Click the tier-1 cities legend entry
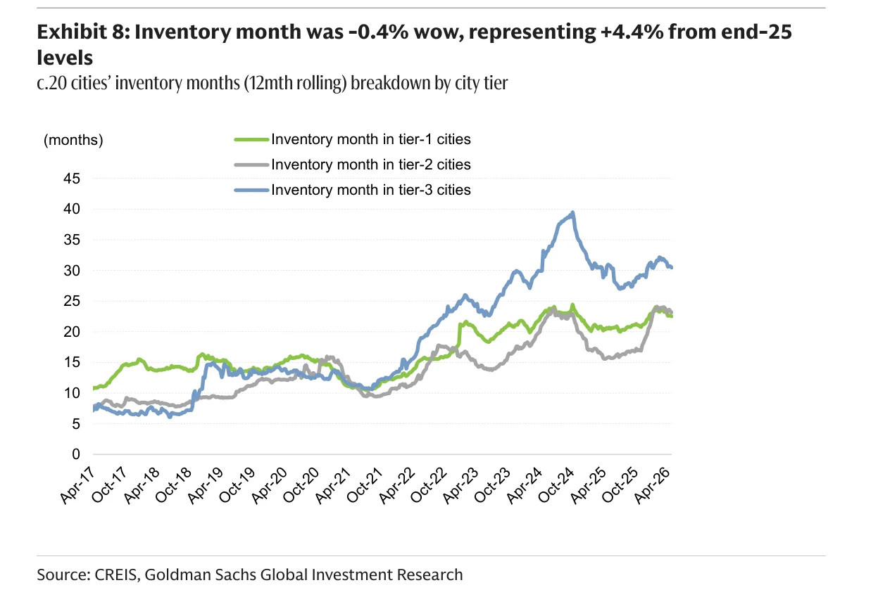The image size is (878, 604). [353, 139]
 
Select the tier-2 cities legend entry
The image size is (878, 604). [353, 165]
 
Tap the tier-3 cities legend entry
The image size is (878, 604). [353, 190]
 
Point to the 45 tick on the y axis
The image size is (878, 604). [72, 179]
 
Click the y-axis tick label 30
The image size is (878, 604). [72, 271]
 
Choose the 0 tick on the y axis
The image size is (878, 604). [76, 454]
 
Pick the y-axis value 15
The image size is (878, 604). [72, 362]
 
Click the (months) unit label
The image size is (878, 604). [73, 140]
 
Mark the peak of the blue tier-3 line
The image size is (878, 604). [573, 212]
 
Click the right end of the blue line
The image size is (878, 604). [672, 267]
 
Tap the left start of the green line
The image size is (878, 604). [94, 388]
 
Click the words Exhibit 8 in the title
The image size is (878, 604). [83, 32]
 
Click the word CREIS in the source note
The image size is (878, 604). [117, 575]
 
